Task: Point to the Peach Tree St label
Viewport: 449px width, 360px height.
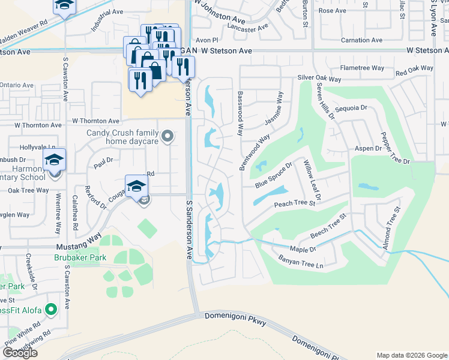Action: [295, 204]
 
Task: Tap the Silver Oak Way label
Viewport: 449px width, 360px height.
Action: [319, 79]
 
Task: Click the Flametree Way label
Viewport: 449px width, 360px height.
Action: [362, 68]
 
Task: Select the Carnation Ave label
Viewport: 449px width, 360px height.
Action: [361, 40]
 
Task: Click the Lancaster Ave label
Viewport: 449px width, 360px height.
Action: [249, 28]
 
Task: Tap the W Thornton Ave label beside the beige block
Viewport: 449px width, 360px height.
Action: [95, 121]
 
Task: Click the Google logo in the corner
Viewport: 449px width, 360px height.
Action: [20, 353]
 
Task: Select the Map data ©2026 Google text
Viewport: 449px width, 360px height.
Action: [412, 355]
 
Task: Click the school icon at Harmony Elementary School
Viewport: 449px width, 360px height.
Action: [54, 160]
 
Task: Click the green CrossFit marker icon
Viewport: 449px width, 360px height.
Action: [51, 310]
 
